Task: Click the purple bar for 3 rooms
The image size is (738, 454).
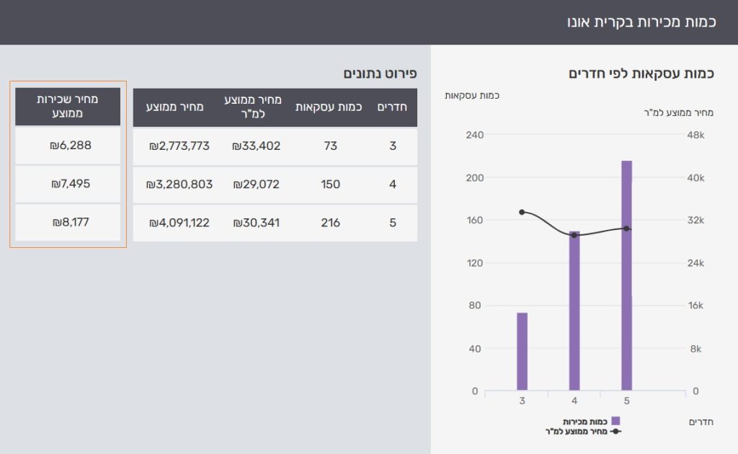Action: click(x=522, y=352)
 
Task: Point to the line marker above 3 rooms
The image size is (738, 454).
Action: click(x=522, y=212)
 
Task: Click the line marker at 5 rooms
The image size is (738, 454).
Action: click(x=626, y=228)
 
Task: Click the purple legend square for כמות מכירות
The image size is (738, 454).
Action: click(x=615, y=421)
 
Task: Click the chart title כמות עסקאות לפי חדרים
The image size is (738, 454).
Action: click(x=641, y=74)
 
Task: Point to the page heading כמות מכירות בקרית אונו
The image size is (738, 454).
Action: click(x=641, y=22)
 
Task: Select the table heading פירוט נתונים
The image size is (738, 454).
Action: click(x=380, y=74)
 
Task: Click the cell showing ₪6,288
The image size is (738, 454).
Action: click(x=71, y=146)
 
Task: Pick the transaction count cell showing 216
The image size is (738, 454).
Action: click(x=330, y=223)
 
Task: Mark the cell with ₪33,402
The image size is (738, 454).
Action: click(x=256, y=146)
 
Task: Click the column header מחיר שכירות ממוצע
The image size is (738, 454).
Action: click(x=68, y=106)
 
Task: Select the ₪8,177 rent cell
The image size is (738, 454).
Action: click(x=71, y=223)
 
